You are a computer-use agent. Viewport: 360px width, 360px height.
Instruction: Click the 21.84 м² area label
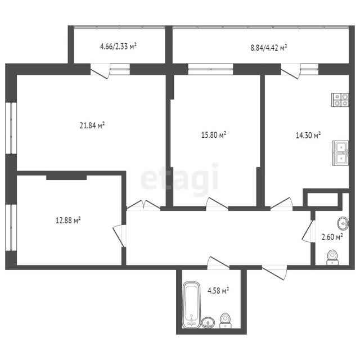(92, 125)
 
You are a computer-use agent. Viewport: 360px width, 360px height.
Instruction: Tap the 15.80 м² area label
(214, 134)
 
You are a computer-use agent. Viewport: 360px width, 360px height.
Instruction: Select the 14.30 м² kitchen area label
(308, 135)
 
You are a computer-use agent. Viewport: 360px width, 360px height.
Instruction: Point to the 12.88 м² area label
(68, 220)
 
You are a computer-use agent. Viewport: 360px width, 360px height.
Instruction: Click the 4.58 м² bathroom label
(218, 291)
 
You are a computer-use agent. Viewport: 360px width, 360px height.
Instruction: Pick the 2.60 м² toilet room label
(332, 237)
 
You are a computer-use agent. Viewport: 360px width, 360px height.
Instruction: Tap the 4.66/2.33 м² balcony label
(118, 46)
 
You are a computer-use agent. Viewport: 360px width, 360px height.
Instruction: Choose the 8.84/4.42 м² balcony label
(269, 48)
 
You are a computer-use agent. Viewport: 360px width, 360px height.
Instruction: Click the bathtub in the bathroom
(192, 304)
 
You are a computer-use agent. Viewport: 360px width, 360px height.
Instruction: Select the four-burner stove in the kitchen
(340, 100)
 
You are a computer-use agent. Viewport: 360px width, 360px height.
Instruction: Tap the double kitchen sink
(340, 153)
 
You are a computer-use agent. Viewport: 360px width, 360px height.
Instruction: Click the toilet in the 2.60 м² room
(332, 257)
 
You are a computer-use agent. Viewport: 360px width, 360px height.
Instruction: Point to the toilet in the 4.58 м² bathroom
(225, 321)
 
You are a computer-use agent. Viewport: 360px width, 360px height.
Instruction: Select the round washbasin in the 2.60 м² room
(343, 223)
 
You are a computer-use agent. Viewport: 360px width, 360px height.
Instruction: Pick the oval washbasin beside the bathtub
(208, 322)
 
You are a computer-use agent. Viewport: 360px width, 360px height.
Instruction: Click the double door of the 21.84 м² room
(143, 205)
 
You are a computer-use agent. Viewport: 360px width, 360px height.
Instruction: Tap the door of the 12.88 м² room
(119, 236)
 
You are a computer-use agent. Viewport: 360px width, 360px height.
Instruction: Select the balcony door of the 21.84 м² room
(100, 71)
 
